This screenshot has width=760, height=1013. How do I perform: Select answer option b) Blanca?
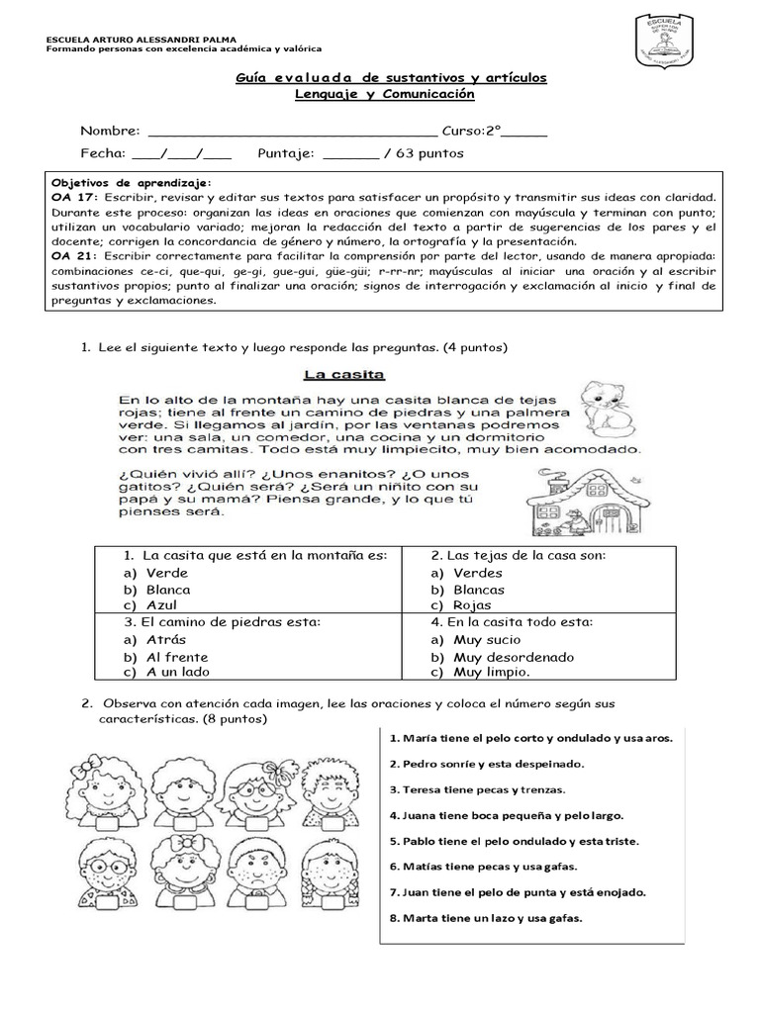point(157,590)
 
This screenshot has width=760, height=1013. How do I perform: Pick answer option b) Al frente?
point(165,657)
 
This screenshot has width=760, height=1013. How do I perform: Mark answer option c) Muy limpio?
point(481,673)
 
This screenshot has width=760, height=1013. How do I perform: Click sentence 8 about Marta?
point(486,918)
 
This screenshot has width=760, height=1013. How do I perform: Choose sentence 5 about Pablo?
point(514,841)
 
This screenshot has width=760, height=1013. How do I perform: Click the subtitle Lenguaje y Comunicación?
point(385,94)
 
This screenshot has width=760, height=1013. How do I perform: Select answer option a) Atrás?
point(155,640)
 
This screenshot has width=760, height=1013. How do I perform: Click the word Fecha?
point(102,154)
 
